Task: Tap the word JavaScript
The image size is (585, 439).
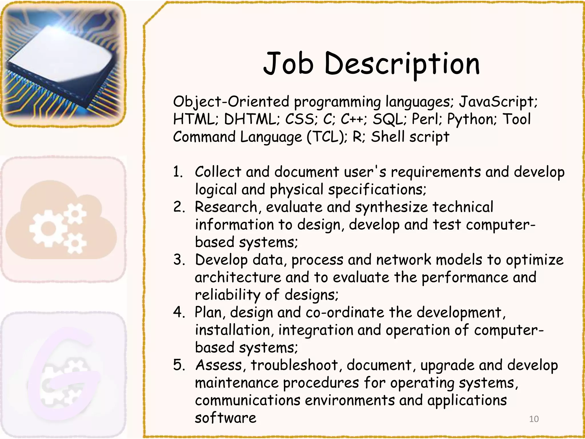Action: (x=498, y=102)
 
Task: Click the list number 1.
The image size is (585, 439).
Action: (x=178, y=172)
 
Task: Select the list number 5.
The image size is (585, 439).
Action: (x=179, y=365)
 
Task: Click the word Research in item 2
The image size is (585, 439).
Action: (x=226, y=207)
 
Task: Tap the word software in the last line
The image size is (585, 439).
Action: (x=225, y=418)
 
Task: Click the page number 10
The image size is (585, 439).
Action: (x=534, y=419)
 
